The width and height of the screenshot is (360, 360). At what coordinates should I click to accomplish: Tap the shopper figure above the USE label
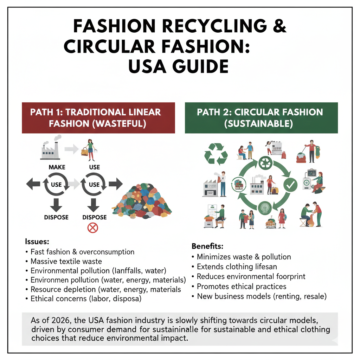(92, 146)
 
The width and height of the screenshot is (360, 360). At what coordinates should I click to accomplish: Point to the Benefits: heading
(208, 243)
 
